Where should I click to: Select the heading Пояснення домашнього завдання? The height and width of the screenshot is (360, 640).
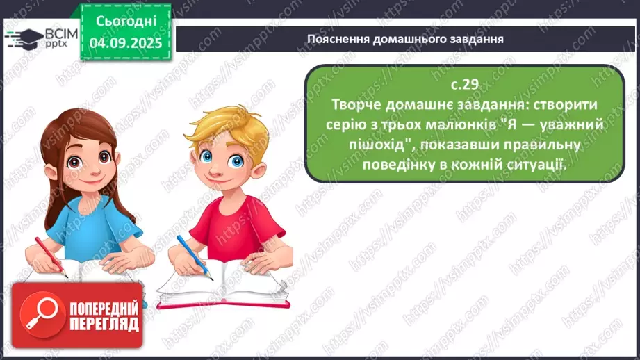point(404,39)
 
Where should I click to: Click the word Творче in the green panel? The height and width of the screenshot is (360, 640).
point(360,104)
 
